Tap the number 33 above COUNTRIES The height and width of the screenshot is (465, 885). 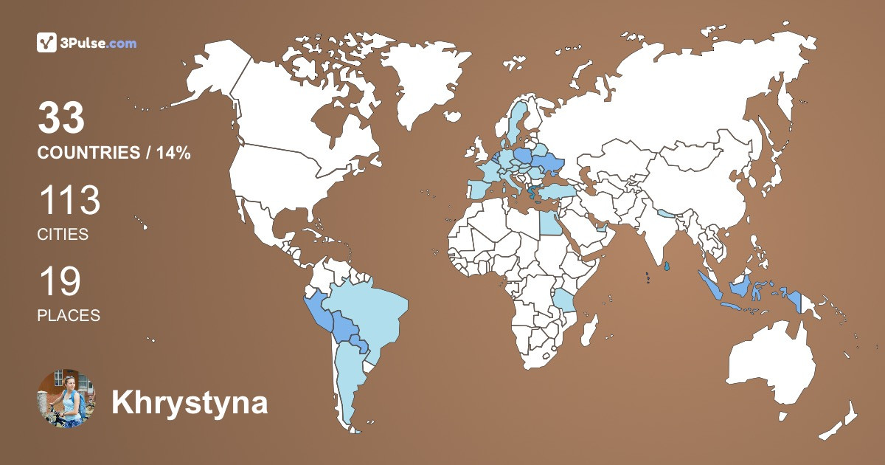click(x=61, y=119)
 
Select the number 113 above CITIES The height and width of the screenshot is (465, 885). click(x=69, y=201)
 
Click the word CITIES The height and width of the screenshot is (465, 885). click(x=63, y=235)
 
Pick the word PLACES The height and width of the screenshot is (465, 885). click(x=69, y=315)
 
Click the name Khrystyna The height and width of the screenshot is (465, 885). click(x=190, y=404)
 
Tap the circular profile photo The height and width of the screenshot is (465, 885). click(x=66, y=399)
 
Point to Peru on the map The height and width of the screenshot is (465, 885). click(x=319, y=314)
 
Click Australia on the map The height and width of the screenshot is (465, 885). click(x=771, y=365)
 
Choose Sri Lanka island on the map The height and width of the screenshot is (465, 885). click(x=667, y=265)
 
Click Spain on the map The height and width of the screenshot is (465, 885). click(x=479, y=189)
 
